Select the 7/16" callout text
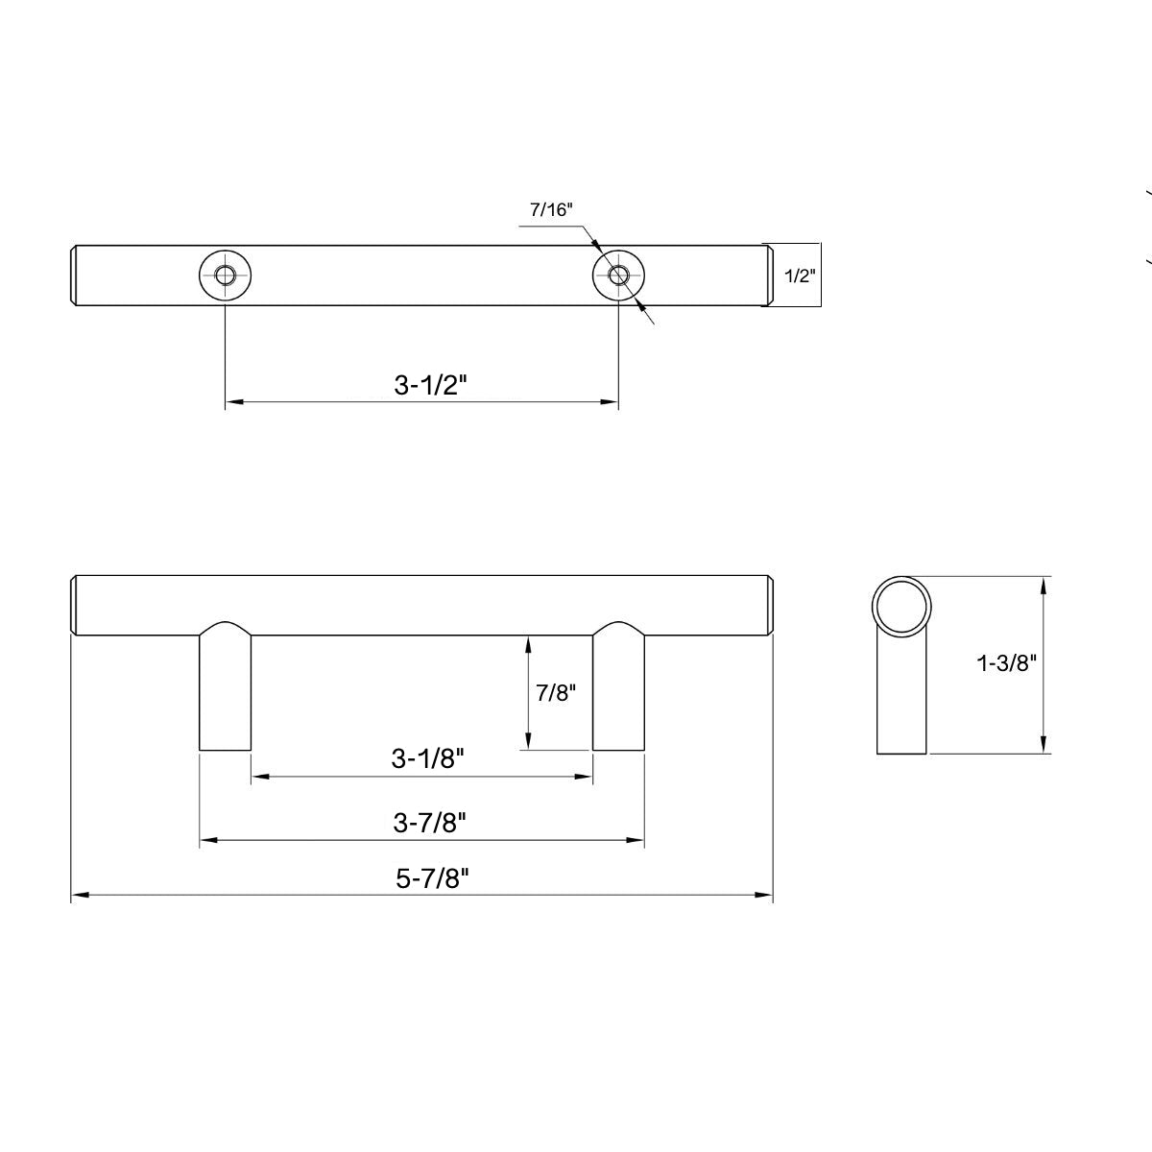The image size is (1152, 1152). pos(550,210)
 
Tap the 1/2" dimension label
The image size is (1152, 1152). pos(799,276)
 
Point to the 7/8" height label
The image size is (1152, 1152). pos(555,692)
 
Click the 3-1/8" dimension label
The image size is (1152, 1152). pos(427,758)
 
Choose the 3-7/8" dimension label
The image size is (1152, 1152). pos(429,823)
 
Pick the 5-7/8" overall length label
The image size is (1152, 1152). pos(431,878)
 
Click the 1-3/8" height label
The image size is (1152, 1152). pos(1006,662)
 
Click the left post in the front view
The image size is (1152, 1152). pos(225,691)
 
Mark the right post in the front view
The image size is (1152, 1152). pos(617,691)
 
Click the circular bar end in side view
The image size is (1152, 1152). pos(900,606)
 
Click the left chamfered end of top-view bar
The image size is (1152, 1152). pos(76,276)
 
